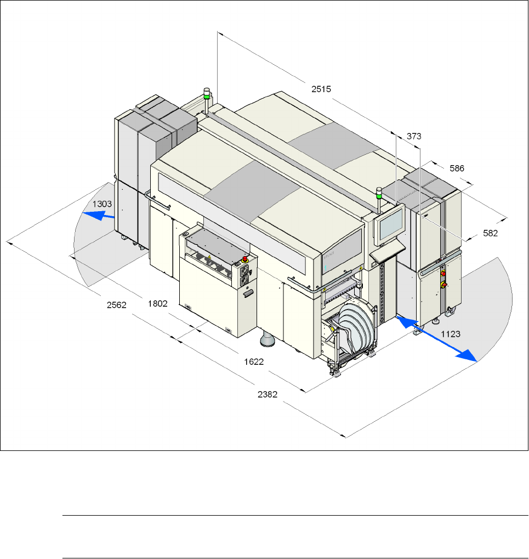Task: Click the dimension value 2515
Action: pyautogui.click(x=321, y=89)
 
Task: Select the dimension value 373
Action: pyautogui.click(x=414, y=136)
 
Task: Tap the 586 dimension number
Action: pyautogui.click(x=457, y=168)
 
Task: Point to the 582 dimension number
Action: pyautogui.click(x=490, y=233)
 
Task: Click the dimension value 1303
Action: pyautogui.click(x=103, y=204)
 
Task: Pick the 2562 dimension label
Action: pyautogui.click(x=116, y=305)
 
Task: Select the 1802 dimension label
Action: pyautogui.click(x=158, y=304)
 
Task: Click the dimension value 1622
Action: pyautogui.click(x=254, y=362)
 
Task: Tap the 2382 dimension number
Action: pyautogui.click(x=268, y=394)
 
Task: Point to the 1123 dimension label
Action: pyautogui.click(x=451, y=334)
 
